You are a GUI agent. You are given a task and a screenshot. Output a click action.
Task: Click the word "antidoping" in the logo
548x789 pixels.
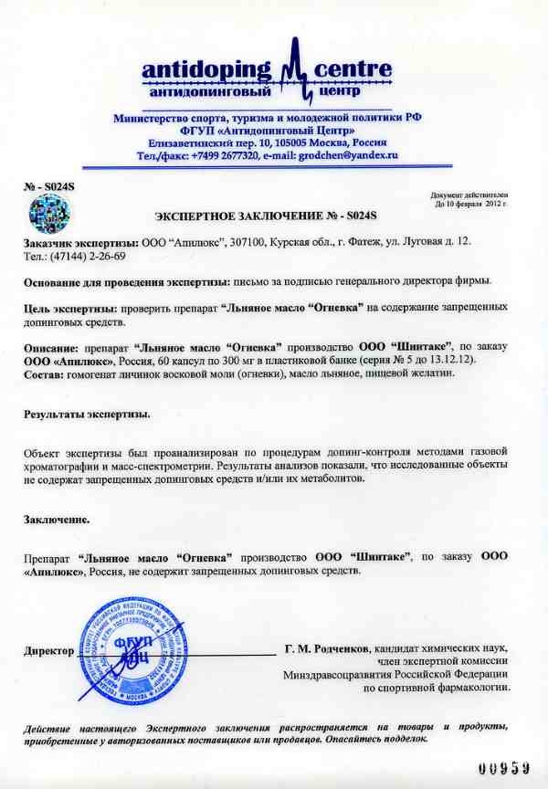pos(206,69)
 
